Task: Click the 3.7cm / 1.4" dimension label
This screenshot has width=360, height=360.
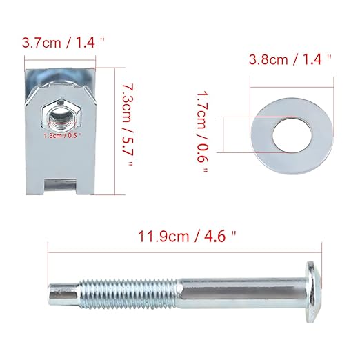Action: point(63,43)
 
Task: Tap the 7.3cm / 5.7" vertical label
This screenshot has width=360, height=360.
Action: point(128,126)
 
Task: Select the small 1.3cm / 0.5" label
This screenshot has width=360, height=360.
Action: point(63,135)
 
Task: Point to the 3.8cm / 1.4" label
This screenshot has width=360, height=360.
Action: point(290,59)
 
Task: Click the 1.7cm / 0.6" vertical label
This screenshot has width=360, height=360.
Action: point(202,132)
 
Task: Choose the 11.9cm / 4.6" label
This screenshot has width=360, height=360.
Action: point(187,237)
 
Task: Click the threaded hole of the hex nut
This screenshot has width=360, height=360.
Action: point(61,117)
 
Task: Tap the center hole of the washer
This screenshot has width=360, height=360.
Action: point(292,135)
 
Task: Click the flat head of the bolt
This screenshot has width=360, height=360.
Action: point(313,292)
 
